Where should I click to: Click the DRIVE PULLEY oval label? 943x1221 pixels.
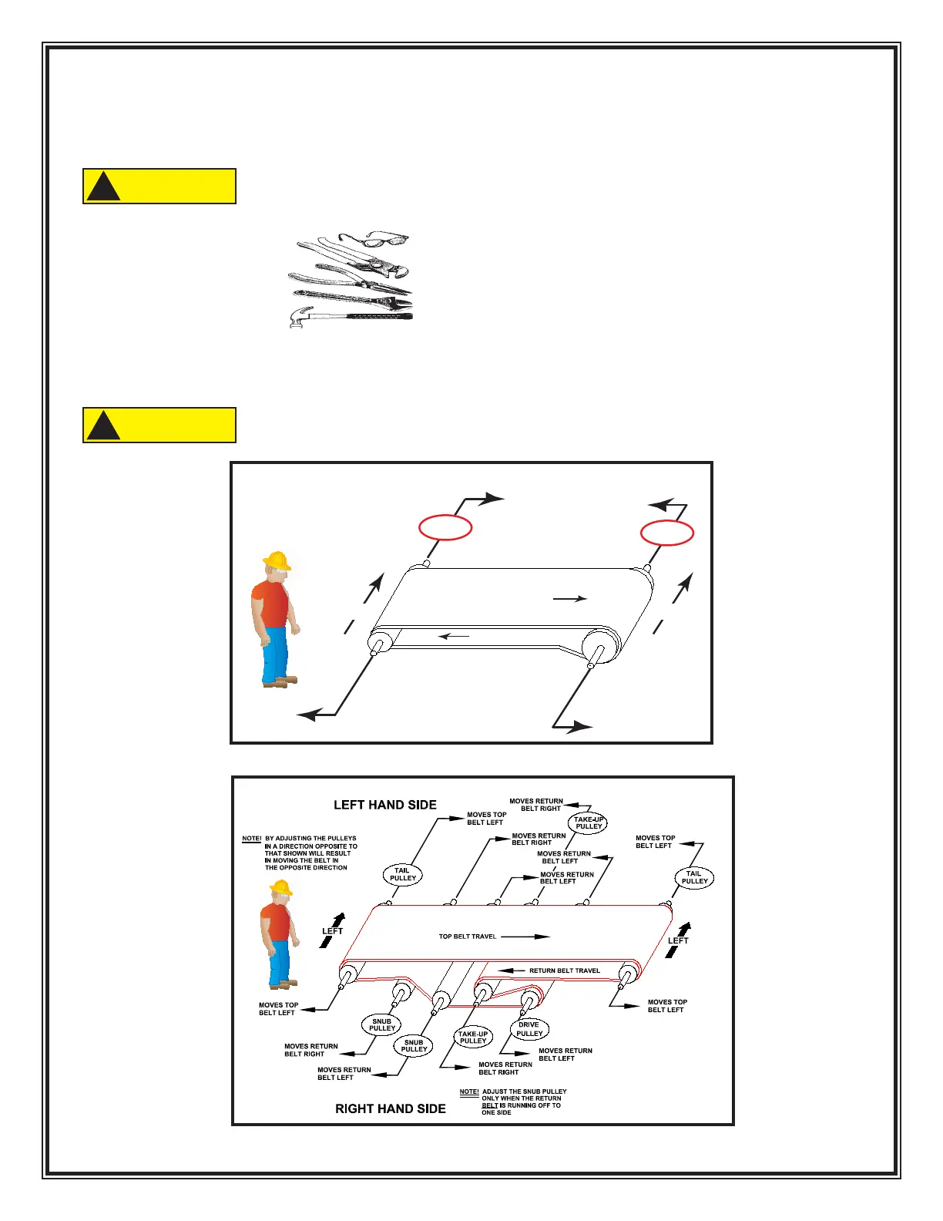point(529,1029)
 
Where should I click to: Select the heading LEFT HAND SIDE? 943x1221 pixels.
point(384,805)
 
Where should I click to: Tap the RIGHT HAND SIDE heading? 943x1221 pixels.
point(390,1108)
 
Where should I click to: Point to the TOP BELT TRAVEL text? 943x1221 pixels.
point(468,937)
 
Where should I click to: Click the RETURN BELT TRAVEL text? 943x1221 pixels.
point(564,970)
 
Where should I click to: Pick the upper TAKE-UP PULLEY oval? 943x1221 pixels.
point(589,823)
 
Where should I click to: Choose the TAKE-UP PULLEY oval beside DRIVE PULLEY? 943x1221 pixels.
point(473,1038)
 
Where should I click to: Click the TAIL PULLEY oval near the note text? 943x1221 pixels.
point(403,874)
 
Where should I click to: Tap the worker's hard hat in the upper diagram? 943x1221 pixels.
point(277,560)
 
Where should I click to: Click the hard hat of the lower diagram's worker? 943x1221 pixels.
point(281,888)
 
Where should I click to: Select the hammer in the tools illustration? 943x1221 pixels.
point(351,317)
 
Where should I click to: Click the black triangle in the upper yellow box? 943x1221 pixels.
point(103,187)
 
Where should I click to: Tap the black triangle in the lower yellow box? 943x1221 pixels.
point(103,426)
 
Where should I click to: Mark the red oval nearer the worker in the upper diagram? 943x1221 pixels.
point(445,527)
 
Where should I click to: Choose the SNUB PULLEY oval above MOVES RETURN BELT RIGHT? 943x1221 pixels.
point(382,1024)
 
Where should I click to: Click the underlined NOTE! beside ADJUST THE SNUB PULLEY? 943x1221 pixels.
point(468,1091)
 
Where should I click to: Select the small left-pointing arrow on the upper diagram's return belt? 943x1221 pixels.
point(454,636)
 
